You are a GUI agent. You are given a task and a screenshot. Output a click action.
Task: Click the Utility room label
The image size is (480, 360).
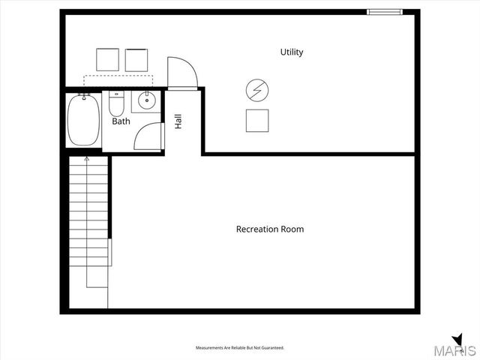click(x=292, y=52)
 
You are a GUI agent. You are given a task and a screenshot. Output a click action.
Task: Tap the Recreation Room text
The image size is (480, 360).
click(x=270, y=229)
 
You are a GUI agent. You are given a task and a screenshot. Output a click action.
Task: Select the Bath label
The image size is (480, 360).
click(x=121, y=121)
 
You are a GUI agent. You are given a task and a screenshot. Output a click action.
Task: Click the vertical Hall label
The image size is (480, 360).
click(x=178, y=121)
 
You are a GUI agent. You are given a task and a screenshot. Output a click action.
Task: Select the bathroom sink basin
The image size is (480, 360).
click(x=146, y=100)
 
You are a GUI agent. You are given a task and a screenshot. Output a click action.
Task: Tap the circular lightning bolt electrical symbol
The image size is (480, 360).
click(x=257, y=90)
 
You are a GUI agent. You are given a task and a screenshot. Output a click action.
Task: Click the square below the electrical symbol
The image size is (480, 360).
click(x=257, y=120)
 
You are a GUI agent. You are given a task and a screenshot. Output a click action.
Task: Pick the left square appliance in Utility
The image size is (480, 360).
click(x=108, y=60)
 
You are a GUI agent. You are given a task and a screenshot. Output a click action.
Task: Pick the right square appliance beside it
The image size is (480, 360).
click(x=136, y=60)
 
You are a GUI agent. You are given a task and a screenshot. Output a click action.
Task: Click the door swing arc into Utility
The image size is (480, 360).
click(x=181, y=72)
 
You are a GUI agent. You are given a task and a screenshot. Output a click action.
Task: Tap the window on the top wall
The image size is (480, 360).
click(x=384, y=11)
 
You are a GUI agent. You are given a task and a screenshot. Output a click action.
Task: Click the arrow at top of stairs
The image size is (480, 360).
click(x=87, y=160)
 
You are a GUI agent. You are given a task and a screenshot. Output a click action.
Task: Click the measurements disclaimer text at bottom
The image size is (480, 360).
click(x=240, y=348)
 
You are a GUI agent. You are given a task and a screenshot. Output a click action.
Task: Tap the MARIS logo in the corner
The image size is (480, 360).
click(x=457, y=348)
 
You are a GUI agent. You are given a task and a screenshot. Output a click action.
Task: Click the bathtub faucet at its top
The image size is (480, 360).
click(x=85, y=97)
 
